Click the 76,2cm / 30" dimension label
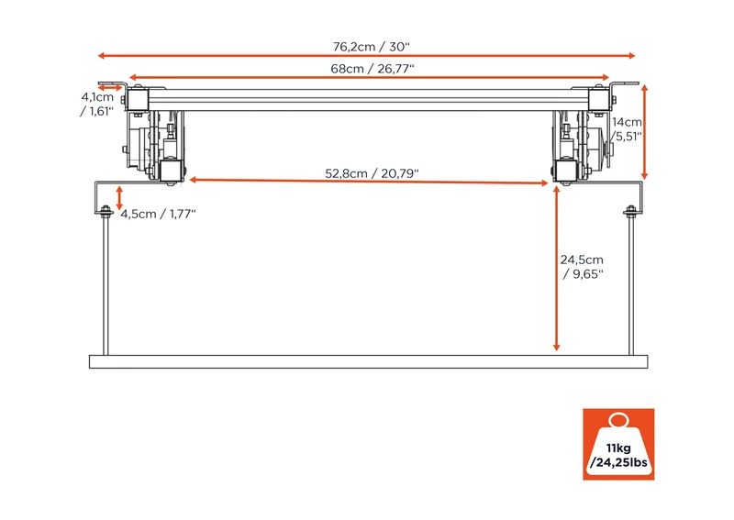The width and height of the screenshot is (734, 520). pyautogui.click(x=372, y=47)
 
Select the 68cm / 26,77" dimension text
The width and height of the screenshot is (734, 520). pyautogui.click(x=373, y=69)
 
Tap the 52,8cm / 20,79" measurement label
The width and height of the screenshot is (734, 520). pyautogui.click(x=372, y=173)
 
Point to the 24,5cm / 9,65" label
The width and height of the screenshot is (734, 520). pyautogui.click(x=582, y=267)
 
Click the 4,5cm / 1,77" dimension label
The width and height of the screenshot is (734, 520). pyautogui.click(x=158, y=214)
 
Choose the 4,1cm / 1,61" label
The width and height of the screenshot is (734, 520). pyautogui.click(x=97, y=104)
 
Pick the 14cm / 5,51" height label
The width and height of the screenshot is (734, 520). pyautogui.click(x=627, y=129)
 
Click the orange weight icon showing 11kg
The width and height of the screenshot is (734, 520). pyautogui.click(x=618, y=444)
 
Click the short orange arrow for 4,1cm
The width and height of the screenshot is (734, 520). pyautogui.click(x=110, y=87)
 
